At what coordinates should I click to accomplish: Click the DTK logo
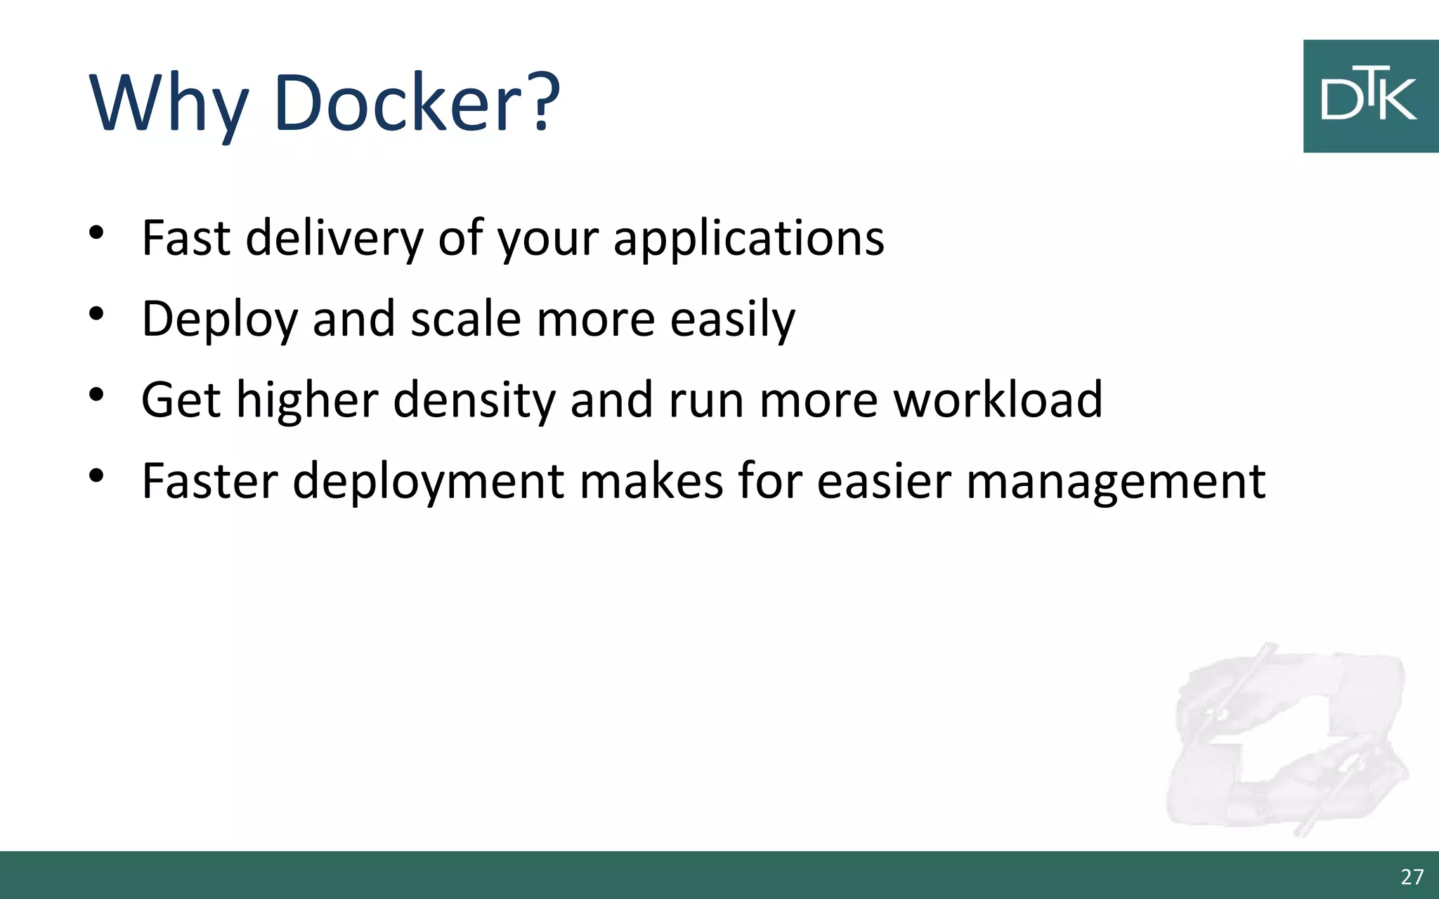(x=1370, y=96)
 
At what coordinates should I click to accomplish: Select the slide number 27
(x=1412, y=877)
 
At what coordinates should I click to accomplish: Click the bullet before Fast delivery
(x=97, y=232)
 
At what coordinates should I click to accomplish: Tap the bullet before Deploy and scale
(x=97, y=314)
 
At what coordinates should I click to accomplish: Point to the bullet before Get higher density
(x=97, y=395)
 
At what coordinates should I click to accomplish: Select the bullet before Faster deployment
(x=97, y=476)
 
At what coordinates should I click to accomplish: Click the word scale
(x=465, y=320)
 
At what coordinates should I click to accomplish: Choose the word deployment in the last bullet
(x=428, y=483)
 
